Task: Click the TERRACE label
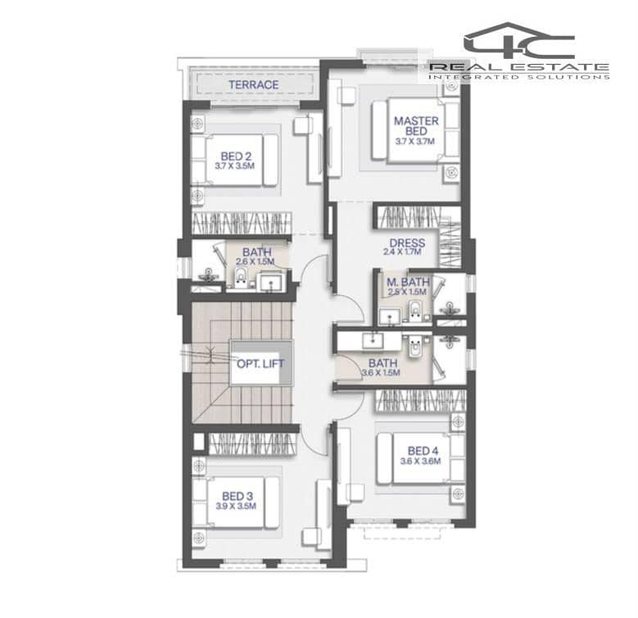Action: pyautogui.click(x=254, y=84)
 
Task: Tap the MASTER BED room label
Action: pyautogui.click(x=416, y=125)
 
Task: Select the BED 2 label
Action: pyautogui.click(x=236, y=156)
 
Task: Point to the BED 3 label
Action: pyautogui.click(x=238, y=496)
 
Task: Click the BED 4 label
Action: pyautogui.click(x=423, y=451)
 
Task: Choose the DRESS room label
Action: pyautogui.click(x=407, y=243)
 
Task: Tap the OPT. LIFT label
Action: pyautogui.click(x=260, y=364)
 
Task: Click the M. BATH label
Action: pyautogui.click(x=408, y=282)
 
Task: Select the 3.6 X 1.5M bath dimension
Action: pyautogui.click(x=381, y=372)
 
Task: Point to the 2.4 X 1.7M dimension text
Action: pyautogui.click(x=402, y=252)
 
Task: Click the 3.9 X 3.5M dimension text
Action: pyautogui.click(x=236, y=506)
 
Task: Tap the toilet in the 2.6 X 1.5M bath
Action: pyautogui.click(x=241, y=277)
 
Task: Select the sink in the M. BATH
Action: pyautogui.click(x=390, y=317)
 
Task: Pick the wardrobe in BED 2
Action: pyautogui.click(x=242, y=223)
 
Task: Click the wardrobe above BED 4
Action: pyautogui.click(x=420, y=401)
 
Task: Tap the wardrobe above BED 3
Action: pyautogui.click(x=253, y=443)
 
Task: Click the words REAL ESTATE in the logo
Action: pyautogui.click(x=519, y=66)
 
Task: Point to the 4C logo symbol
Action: pyautogui.click(x=519, y=41)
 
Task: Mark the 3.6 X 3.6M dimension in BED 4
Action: pyautogui.click(x=420, y=461)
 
